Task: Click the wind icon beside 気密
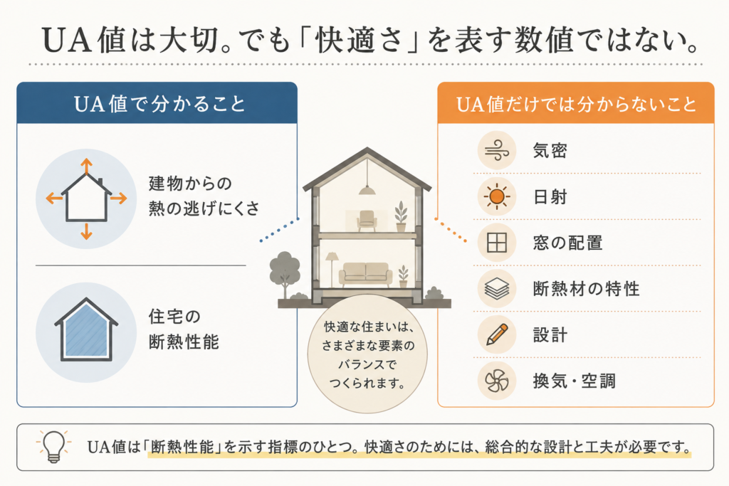click(496, 151)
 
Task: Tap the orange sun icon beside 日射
click(496, 196)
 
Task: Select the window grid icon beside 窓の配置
click(496, 243)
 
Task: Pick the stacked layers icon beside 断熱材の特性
click(496, 289)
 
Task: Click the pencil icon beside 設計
click(496, 334)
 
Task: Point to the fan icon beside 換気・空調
click(496, 381)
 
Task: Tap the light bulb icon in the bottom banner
click(53, 446)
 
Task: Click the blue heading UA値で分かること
click(159, 104)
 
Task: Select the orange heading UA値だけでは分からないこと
click(576, 104)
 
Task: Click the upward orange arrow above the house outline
click(86, 166)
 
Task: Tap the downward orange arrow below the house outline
click(86, 231)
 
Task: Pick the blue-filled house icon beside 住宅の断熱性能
click(86, 330)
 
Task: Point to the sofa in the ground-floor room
click(366, 274)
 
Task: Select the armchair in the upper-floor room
click(367, 221)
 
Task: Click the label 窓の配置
click(567, 243)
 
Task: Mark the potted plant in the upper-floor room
click(401, 216)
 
